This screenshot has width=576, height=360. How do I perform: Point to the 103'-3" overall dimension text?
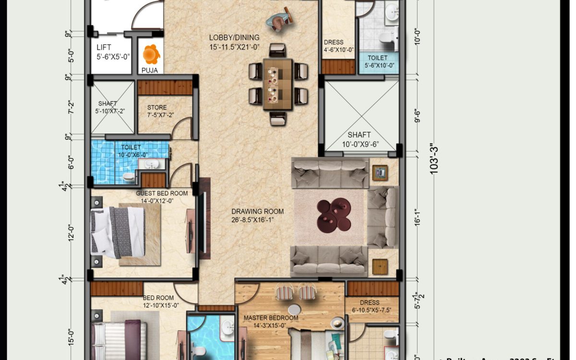435,159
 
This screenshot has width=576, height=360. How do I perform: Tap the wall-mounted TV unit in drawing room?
204,218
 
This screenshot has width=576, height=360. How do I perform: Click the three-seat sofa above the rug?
330,174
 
